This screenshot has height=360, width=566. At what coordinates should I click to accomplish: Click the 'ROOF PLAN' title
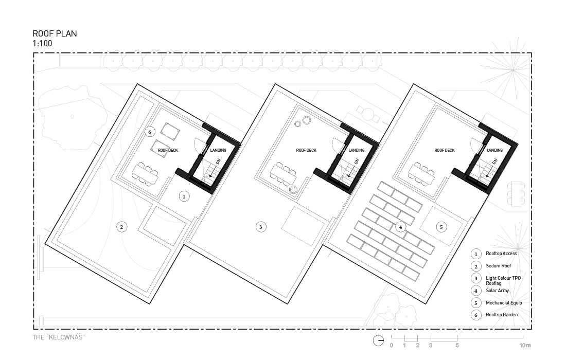click(x=55, y=33)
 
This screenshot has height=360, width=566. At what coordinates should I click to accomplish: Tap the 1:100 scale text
click(x=42, y=43)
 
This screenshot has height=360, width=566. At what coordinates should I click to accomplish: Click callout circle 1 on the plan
click(x=184, y=196)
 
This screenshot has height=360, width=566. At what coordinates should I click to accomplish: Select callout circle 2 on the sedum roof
click(x=121, y=227)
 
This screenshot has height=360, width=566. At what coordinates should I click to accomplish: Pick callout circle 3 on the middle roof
click(x=261, y=227)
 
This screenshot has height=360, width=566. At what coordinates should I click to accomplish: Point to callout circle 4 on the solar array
click(x=400, y=227)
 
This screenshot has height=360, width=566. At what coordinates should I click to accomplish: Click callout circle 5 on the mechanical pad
click(x=441, y=227)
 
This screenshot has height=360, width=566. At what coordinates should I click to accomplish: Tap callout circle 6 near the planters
click(x=150, y=132)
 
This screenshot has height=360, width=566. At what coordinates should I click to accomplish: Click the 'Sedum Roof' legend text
click(x=499, y=266)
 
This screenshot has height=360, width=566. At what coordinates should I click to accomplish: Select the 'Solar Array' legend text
click(x=498, y=291)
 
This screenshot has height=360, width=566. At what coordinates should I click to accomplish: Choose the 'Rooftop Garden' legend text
click(x=502, y=315)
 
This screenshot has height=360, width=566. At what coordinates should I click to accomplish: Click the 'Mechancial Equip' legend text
click(x=504, y=302)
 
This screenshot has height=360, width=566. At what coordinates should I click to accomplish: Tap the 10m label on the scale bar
click(x=525, y=345)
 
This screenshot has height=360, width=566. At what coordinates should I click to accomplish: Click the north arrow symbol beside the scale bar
click(x=378, y=340)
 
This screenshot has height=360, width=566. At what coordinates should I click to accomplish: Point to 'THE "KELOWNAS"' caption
click(x=59, y=337)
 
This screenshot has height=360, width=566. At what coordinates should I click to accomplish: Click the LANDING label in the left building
click(x=218, y=150)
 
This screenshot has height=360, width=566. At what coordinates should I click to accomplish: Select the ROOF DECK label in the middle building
click(x=306, y=150)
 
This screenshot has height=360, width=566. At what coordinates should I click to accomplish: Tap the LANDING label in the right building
click(x=494, y=150)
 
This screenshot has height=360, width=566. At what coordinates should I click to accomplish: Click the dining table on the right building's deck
click(x=421, y=174)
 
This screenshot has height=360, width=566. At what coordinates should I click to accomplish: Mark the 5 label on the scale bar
click(x=457, y=345)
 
